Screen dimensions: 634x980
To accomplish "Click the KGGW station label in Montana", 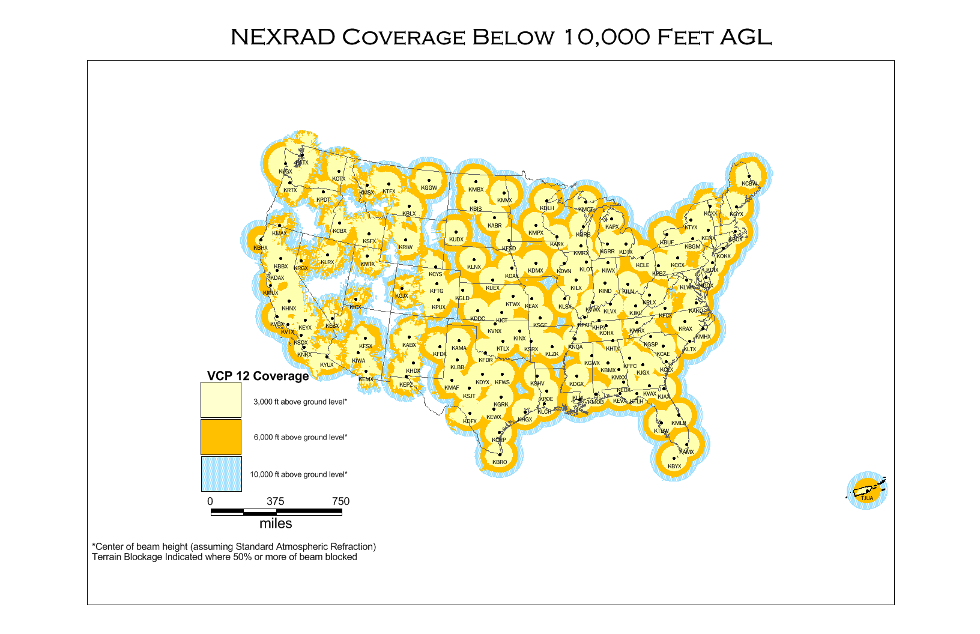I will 429,188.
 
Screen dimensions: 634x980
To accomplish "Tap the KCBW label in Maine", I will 749,184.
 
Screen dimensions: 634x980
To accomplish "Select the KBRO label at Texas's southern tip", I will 500,462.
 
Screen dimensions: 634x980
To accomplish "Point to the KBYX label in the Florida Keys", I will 674,466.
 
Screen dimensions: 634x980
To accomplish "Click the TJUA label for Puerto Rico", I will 867,498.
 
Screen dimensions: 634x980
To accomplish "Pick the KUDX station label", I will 456,240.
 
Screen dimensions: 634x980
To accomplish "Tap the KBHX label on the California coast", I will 260,248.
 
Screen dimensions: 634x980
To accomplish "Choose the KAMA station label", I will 459,348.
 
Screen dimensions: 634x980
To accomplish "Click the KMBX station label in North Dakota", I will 476,190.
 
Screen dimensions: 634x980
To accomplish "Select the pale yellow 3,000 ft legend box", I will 221,400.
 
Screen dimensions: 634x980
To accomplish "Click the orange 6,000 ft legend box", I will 221,437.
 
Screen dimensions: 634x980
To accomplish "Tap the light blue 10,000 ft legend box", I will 221,474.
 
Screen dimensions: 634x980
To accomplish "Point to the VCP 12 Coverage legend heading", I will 258,376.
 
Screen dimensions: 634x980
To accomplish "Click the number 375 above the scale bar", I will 276,501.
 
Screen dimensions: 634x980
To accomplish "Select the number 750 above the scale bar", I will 340,501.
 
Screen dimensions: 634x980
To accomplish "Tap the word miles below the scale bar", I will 276,524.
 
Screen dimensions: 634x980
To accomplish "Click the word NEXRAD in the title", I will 283,37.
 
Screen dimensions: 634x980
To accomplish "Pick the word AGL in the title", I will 745,37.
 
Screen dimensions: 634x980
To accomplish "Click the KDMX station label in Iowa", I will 535,271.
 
